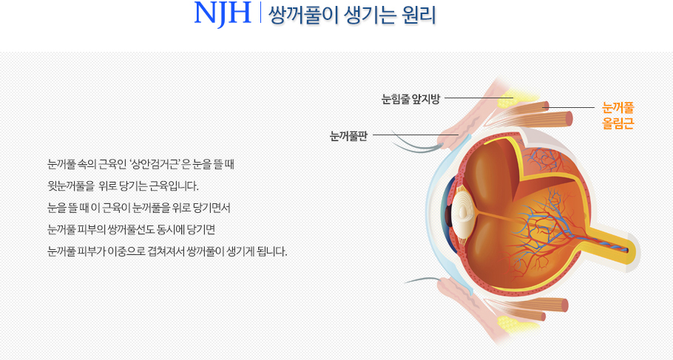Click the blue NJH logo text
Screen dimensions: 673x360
coord(223,13)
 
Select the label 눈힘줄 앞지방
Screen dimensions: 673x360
coord(410,99)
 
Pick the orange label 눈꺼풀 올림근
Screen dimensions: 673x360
coord(618,115)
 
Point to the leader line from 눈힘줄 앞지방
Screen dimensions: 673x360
coord(479,98)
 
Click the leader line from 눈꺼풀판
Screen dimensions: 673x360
coord(416,135)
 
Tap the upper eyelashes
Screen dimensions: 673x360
coord(416,142)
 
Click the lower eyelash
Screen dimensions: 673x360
coord(423,280)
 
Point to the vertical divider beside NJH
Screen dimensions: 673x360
coord(260,13)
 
